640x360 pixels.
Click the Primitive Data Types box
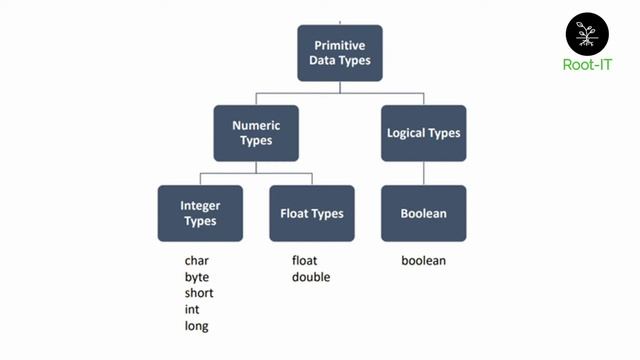tap(340, 53)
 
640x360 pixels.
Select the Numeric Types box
tap(256, 133)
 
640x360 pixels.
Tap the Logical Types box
tap(424, 133)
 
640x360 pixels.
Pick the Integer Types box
tap(200, 213)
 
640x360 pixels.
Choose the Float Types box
tap(312, 213)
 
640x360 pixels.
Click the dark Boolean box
tap(424, 213)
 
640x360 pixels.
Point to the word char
tap(196, 261)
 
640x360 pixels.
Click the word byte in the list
tap(197, 277)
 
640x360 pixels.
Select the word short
tap(199, 293)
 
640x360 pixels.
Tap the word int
tap(192, 309)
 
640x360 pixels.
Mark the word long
tap(196, 326)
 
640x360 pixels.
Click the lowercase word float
tap(305, 261)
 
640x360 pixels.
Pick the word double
tap(311, 277)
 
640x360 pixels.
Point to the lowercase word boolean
tap(423, 261)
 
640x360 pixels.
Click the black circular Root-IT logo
tap(587, 33)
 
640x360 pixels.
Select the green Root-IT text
tap(587, 68)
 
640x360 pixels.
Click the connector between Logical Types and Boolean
tap(424, 173)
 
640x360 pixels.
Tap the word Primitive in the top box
tap(340, 45)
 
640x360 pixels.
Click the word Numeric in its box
tap(256, 126)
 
